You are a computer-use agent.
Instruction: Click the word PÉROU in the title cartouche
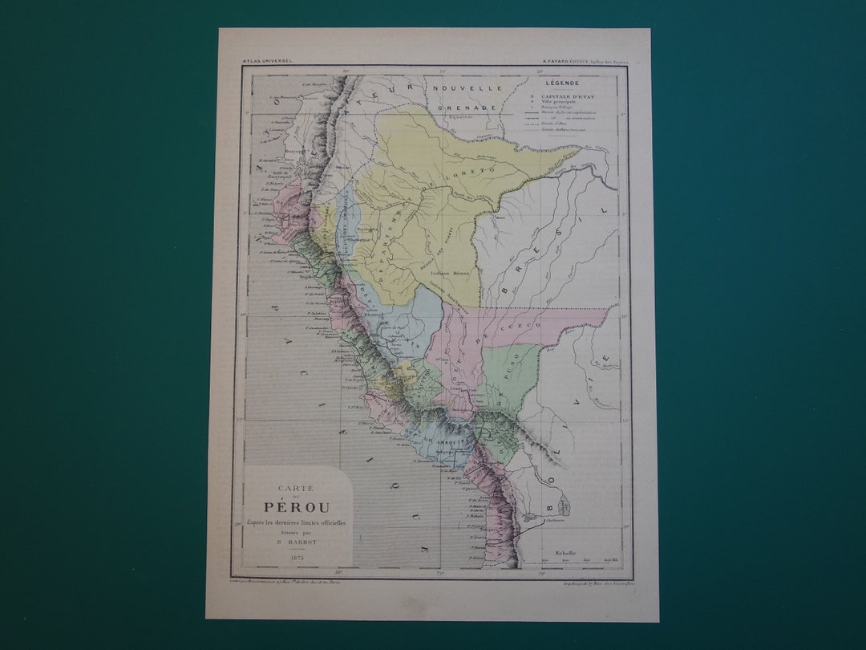297,507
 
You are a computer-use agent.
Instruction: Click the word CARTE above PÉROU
296,488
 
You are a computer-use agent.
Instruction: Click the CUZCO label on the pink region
525,326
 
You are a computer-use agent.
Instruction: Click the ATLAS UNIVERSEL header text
268,60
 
